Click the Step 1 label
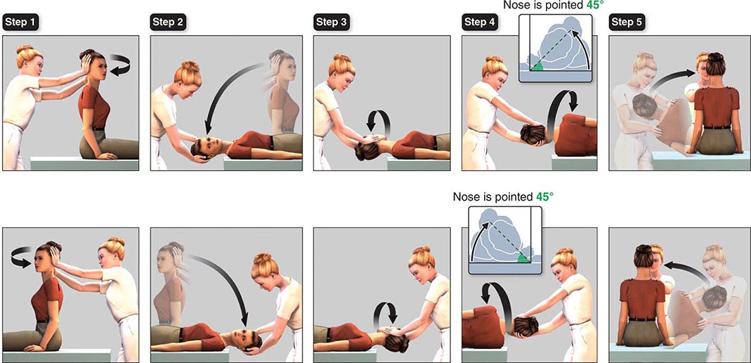coord(21,23)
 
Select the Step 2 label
coord(168,23)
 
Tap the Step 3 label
coord(332,23)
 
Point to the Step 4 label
coord(479,23)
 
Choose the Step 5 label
coord(627,23)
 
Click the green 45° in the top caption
coord(583,6)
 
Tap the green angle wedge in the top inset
coord(537,66)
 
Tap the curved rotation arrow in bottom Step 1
coord(22,250)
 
